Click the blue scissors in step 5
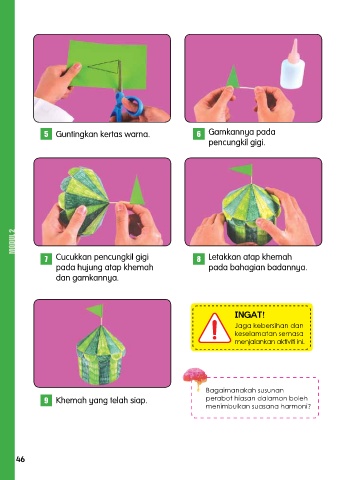tap(128, 106)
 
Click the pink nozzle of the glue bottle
tap(294, 51)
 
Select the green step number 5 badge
tap(46, 134)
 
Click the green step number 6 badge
tap(199, 134)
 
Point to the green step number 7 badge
tap(46, 259)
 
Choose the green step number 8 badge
tap(199, 259)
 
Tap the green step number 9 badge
tap(46, 400)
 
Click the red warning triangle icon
tap(215, 328)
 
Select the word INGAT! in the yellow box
tap(250, 315)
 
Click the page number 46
tap(20, 459)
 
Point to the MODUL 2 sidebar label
tap(12, 241)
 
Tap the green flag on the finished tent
tap(95, 311)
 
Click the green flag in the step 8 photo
tap(242, 170)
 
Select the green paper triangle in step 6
tap(233, 77)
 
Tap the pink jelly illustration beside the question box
tap(195, 377)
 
